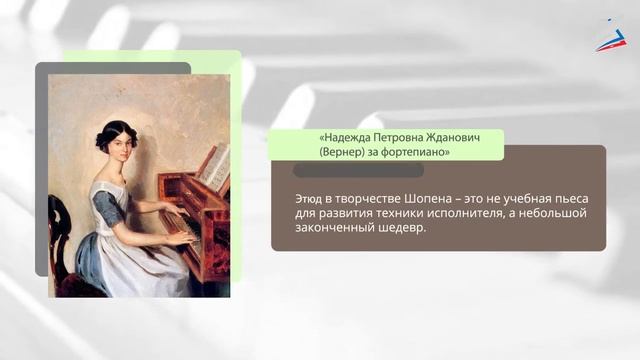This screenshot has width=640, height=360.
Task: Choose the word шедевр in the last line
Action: click(402, 228)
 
